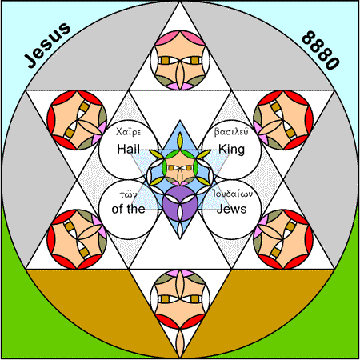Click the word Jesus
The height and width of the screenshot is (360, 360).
point(47,45)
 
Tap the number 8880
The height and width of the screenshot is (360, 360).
point(321,50)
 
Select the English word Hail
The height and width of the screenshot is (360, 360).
point(129,149)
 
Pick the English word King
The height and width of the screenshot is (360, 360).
point(231,150)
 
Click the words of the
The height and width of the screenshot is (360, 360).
point(128,209)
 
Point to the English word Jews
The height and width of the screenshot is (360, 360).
point(231,209)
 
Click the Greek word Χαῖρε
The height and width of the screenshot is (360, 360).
point(128,132)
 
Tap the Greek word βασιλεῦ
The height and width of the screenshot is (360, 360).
point(231,132)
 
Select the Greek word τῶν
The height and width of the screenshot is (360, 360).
point(129,194)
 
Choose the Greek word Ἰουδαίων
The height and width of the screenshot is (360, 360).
point(233,194)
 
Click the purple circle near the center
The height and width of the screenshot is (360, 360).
point(180,204)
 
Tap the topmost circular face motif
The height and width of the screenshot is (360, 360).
point(180,60)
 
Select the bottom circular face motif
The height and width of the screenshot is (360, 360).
point(180,299)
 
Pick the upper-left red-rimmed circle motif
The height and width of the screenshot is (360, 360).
point(77,120)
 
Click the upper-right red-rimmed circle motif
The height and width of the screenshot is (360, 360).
point(283,120)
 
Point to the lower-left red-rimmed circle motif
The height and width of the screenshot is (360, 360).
point(77,239)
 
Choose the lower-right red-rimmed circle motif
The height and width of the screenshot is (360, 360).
point(283,239)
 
